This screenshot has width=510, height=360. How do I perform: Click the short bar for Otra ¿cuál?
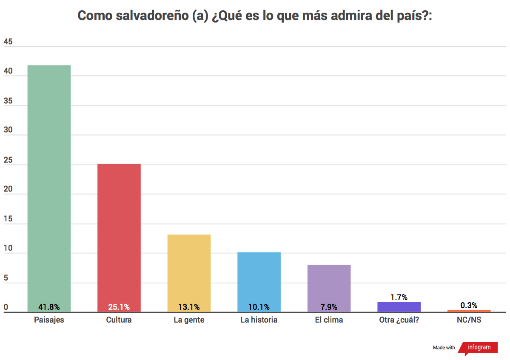pos(399,307)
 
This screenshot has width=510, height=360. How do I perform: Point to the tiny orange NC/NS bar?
pos(469,311)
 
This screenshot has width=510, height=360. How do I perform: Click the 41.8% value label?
pos(49,307)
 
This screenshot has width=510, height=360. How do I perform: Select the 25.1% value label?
pos(119,307)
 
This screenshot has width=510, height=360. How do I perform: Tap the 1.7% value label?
pos(399,297)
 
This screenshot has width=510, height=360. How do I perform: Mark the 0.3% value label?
pos(469,305)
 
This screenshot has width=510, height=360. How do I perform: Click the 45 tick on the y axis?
pos(8,42)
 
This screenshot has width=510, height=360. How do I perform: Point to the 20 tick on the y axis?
pos(8,189)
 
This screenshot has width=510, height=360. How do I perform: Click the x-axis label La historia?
pos(259,320)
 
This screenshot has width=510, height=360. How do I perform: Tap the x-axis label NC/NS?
pos(469,320)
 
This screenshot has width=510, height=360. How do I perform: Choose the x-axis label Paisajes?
pos(49,320)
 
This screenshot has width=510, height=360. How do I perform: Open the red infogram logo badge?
pos(479,347)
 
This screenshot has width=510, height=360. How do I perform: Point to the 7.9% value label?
pos(329,307)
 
